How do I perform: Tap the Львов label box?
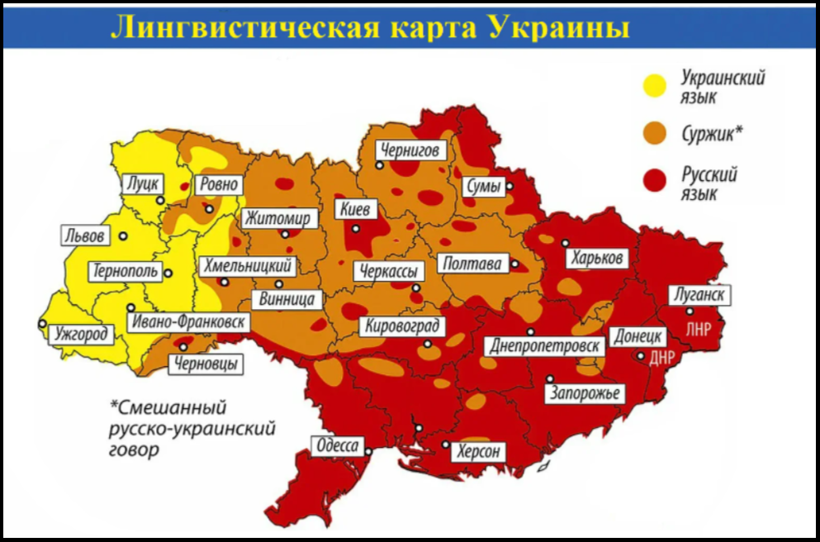point(85,236)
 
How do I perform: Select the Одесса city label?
point(338,447)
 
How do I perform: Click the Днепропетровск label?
point(544,345)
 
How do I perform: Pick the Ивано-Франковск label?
point(187,322)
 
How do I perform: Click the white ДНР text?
point(663,358)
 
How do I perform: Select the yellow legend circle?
point(657,86)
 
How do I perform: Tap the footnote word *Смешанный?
point(168,407)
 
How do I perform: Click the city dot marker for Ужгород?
point(43,324)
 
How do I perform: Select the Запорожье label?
point(585,393)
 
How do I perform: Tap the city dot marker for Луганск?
point(690,311)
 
